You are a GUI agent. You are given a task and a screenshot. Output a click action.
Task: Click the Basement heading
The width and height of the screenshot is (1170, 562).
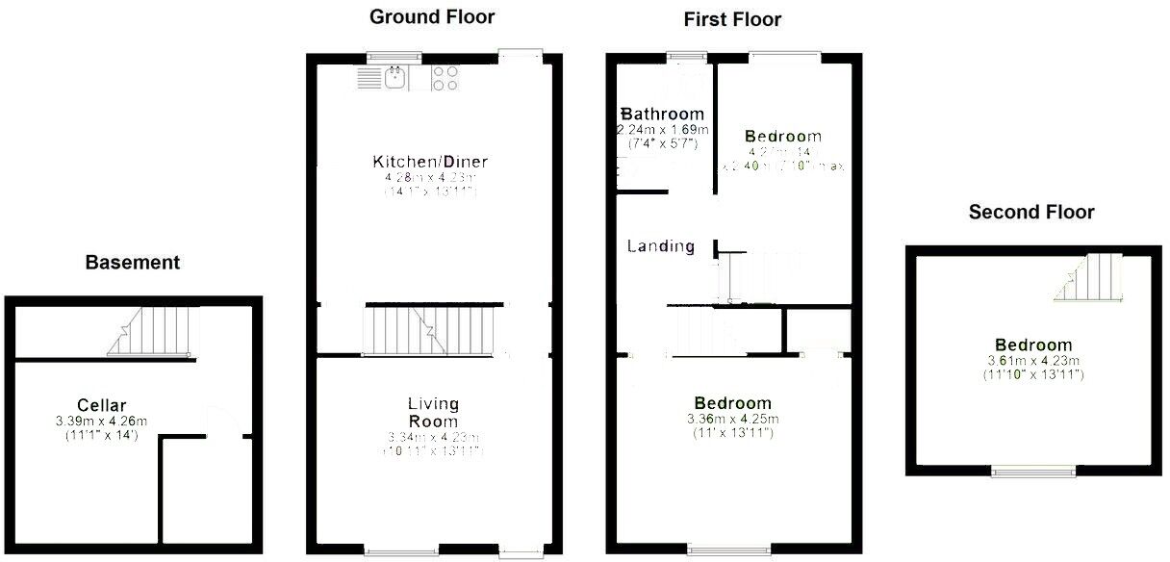[x=132, y=262]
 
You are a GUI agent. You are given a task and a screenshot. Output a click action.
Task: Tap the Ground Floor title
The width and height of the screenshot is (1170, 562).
[x=432, y=16]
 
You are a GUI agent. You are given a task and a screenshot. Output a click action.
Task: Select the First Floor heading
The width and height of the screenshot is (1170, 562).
[x=732, y=19]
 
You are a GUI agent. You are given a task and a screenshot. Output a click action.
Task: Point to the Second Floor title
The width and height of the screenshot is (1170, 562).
[x=1031, y=212]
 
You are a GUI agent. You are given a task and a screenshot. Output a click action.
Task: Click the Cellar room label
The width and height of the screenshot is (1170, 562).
[x=102, y=405]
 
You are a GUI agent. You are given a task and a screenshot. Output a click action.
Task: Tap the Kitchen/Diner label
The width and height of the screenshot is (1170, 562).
[x=425, y=161]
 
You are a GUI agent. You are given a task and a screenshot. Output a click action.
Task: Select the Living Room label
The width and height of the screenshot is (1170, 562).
[x=433, y=412]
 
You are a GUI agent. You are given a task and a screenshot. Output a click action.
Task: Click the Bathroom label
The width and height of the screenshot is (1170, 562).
[x=663, y=115]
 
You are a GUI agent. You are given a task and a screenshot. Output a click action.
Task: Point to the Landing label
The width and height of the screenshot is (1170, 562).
[x=661, y=246]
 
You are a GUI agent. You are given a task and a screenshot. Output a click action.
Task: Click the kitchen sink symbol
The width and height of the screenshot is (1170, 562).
[x=394, y=78]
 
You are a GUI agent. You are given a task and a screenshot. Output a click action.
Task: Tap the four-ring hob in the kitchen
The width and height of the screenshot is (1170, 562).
[x=445, y=78]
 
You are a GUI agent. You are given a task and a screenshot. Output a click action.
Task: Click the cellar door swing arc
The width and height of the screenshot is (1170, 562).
[x=220, y=421]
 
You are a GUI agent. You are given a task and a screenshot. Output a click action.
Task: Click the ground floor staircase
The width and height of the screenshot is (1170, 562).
[x=431, y=330]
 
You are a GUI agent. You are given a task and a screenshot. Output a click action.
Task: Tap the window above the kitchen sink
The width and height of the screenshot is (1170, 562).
[x=393, y=57]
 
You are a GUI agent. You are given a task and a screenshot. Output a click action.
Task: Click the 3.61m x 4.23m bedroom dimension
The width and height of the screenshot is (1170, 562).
[x=1033, y=361]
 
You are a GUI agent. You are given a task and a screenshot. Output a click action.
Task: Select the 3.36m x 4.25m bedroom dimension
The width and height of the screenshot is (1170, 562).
[x=732, y=420]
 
